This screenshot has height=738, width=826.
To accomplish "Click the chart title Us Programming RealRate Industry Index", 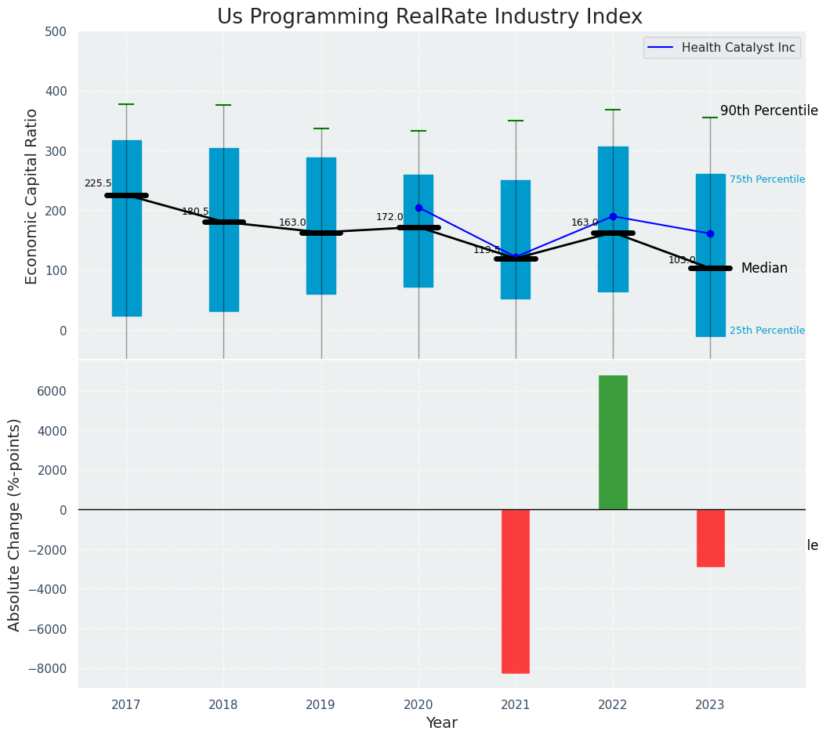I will (429, 17).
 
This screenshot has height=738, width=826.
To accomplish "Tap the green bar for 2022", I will (613, 443).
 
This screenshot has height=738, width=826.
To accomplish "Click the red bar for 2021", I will (516, 591).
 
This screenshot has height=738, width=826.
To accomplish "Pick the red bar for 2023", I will (710, 538).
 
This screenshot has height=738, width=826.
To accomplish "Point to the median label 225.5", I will (98, 183).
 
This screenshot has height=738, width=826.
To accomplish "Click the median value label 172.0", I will (389, 217).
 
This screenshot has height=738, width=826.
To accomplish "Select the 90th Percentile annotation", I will (769, 111).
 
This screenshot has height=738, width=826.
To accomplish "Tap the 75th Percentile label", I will (766, 179).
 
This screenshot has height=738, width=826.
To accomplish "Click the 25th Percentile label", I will (766, 331).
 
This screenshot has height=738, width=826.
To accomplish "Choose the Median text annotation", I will (764, 269).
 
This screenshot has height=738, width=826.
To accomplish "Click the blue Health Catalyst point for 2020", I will (418, 208).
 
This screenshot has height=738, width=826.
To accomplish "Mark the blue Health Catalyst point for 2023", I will (710, 233).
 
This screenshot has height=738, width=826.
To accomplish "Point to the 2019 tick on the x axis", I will (321, 705).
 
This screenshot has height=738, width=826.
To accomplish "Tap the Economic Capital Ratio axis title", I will (32, 196).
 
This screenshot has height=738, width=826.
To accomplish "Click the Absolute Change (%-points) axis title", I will (15, 525).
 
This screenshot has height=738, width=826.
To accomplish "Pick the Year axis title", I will (442, 723).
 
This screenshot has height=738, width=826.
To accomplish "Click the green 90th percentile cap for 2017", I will (126, 104).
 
